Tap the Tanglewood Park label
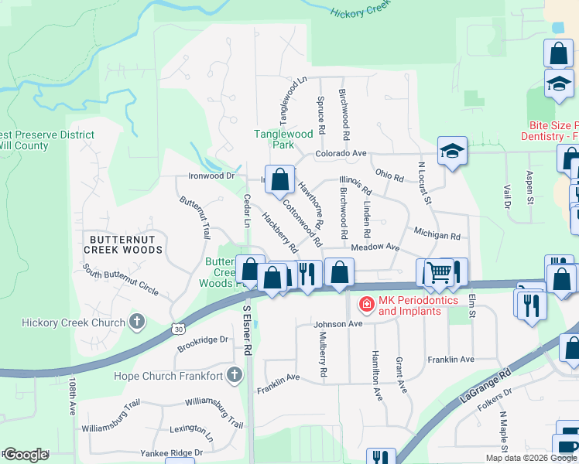284,139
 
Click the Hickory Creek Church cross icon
136,322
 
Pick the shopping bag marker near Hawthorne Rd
280,179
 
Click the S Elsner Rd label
248,329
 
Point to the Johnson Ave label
338,324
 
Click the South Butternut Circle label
122,281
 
